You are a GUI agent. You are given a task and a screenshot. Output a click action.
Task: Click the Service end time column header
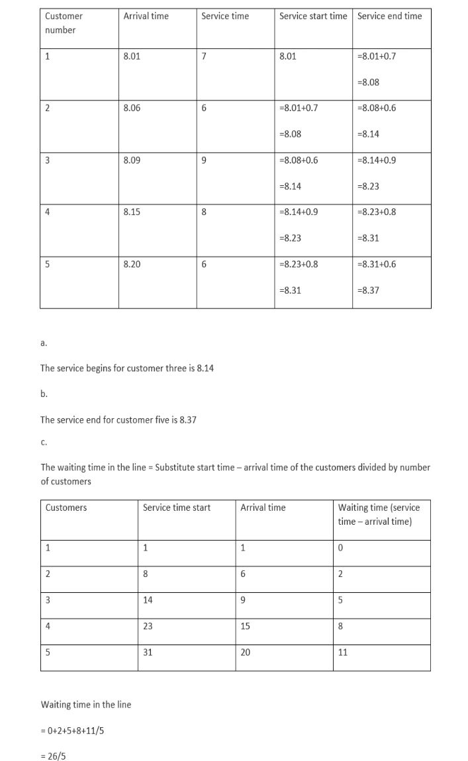[x=389, y=16]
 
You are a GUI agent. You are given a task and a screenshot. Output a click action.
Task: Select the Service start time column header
[x=312, y=16]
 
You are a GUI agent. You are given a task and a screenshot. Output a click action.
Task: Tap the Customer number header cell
[x=64, y=22]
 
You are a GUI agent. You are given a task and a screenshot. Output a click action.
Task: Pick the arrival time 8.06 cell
[x=132, y=108]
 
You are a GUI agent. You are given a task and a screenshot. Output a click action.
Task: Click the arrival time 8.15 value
[x=132, y=212]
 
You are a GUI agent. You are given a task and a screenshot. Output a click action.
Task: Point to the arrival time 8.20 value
[x=132, y=264]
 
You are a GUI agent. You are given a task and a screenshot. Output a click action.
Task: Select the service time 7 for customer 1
[x=204, y=56]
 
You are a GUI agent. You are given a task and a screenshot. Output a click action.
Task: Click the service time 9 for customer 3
[x=204, y=160]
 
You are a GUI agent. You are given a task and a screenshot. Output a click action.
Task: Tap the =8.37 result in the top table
[x=368, y=290]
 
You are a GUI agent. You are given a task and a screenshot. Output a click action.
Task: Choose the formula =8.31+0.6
[x=376, y=264]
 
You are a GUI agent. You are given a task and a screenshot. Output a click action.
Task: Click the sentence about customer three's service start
[x=127, y=368]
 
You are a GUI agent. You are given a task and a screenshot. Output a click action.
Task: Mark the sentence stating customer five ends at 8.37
[x=118, y=420]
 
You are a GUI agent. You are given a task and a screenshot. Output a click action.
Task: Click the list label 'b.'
[x=44, y=394]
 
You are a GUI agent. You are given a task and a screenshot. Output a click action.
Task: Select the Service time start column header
[x=177, y=508]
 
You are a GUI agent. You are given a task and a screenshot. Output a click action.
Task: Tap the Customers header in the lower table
[x=66, y=508]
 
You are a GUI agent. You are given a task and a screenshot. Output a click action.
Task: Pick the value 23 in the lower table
[x=148, y=625]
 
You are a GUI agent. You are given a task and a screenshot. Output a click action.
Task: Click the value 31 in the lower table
[x=148, y=652]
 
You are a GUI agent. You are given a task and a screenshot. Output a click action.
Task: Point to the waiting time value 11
[x=342, y=652]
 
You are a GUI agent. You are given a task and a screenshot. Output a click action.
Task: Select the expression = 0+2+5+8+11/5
[x=72, y=731]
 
